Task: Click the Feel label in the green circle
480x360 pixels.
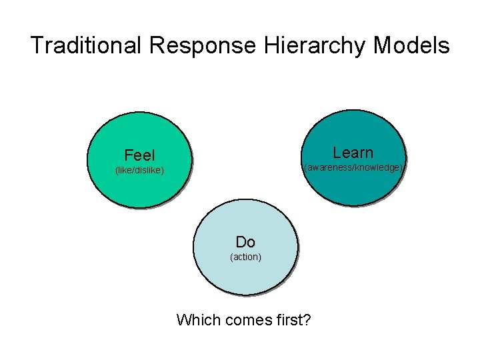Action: pyautogui.click(x=139, y=156)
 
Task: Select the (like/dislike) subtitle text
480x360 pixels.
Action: pyautogui.click(x=139, y=171)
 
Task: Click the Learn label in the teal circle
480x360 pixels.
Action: pyautogui.click(x=353, y=153)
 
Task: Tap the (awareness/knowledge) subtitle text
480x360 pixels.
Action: pyautogui.click(x=353, y=168)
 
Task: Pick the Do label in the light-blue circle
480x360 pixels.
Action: pyautogui.click(x=245, y=241)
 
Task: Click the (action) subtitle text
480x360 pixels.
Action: pyautogui.click(x=245, y=257)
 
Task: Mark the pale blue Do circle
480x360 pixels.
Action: pyautogui.click(x=245, y=273)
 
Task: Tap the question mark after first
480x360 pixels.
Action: pyautogui.click(x=307, y=320)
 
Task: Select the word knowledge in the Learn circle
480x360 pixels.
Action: pyautogui.click(x=377, y=168)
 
